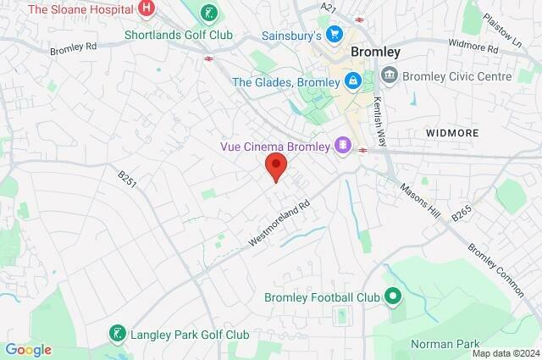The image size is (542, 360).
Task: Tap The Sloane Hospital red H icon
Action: pyautogui.click(x=147, y=9)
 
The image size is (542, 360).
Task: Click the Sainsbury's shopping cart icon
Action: pyautogui.click(x=335, y=36)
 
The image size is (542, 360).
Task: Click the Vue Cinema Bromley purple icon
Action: pyautogui.click(x=342, y=146)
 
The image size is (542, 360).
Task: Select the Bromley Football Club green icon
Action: pyautogui.click(x=391, y=296)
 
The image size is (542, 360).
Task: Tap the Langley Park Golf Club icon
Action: pyautogui.click(x=117, y=334)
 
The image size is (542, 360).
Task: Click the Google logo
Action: pyautogui.click(x=28, y=349)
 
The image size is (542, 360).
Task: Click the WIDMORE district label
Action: pyautogui.click(x=451, y=134)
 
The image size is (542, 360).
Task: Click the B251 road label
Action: pyautogui.click(x=128, y=180)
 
